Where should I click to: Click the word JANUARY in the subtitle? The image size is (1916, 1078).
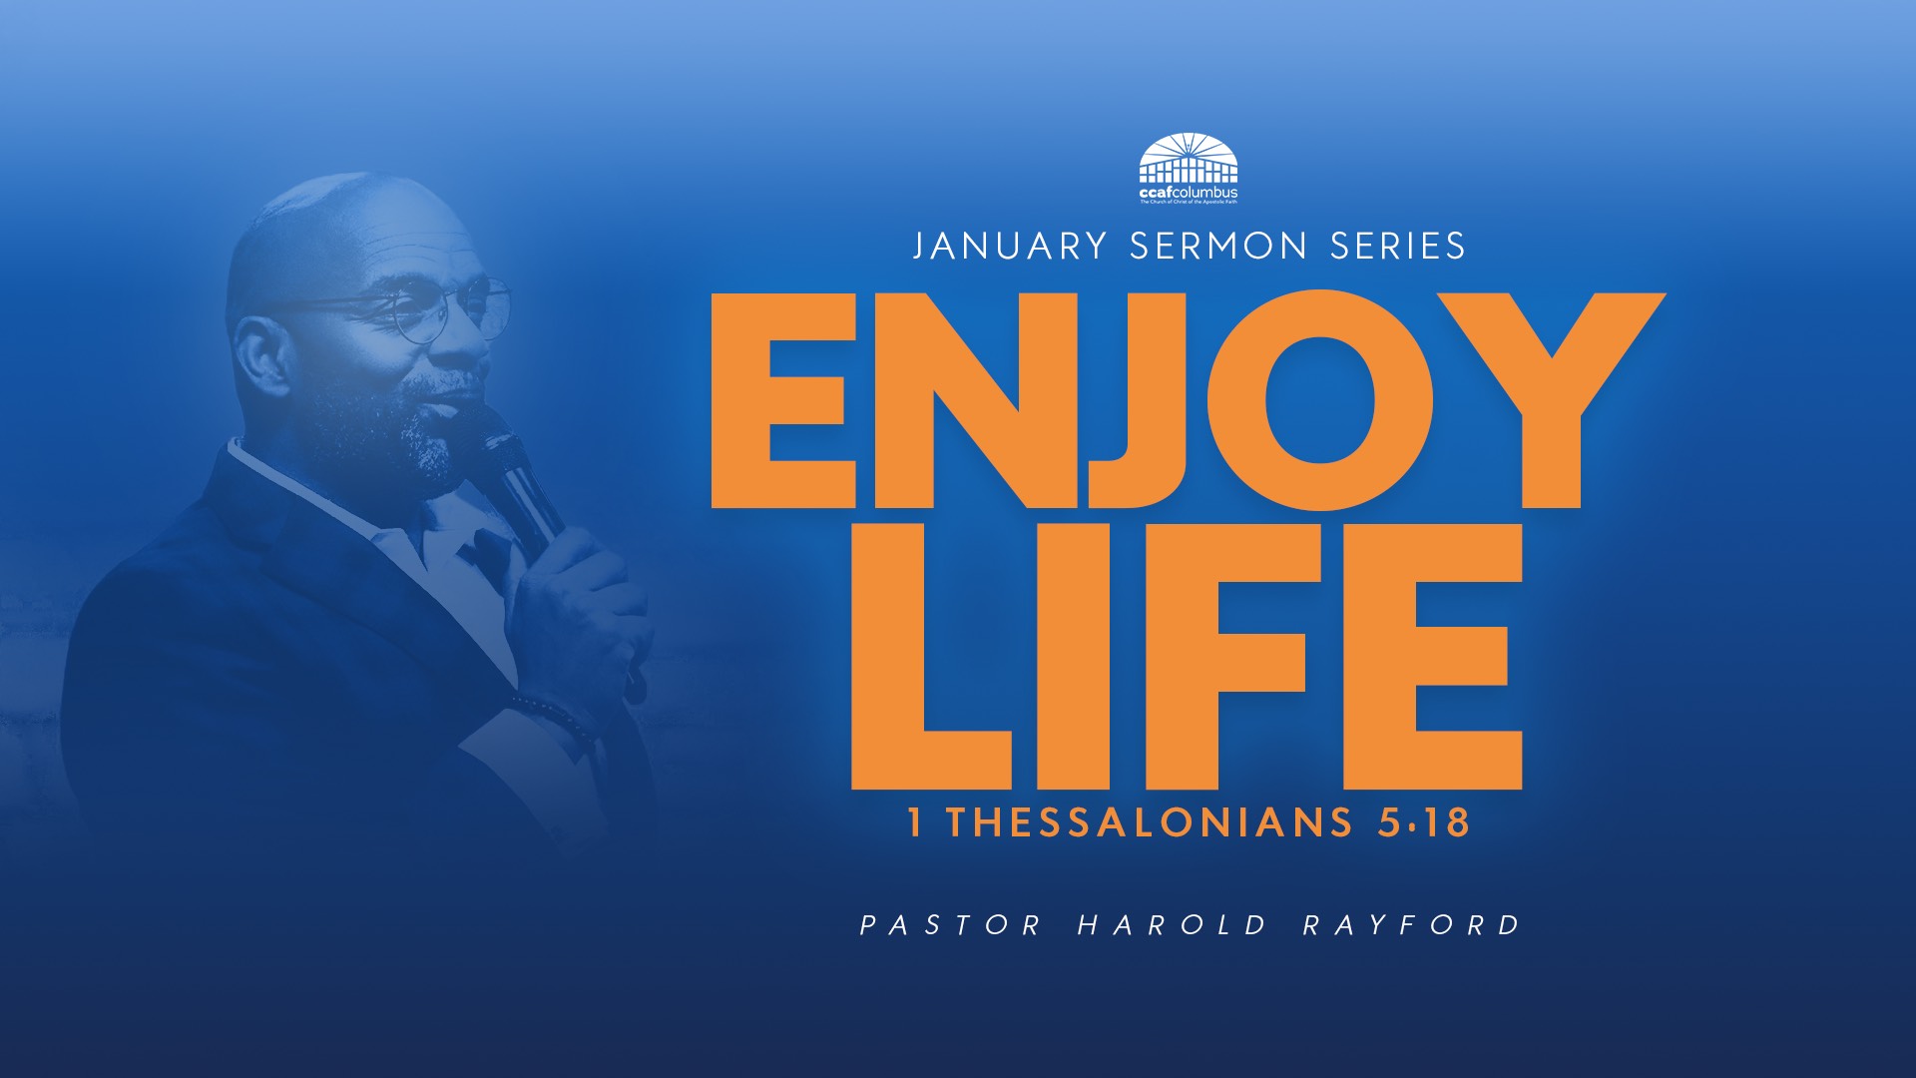click(x=1010, y=246)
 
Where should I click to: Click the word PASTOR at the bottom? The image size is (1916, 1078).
click(x=950, y=925)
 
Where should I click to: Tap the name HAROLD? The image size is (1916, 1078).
click(x=1172, y=925)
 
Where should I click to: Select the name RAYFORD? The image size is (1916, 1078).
click(x=1411, y=925)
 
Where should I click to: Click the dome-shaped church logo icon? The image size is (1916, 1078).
click(x=1189, y=158)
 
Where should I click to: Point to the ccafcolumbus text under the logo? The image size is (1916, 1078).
click(x=1189, y=191)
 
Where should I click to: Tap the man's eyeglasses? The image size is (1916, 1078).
click(x=439, y=309)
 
